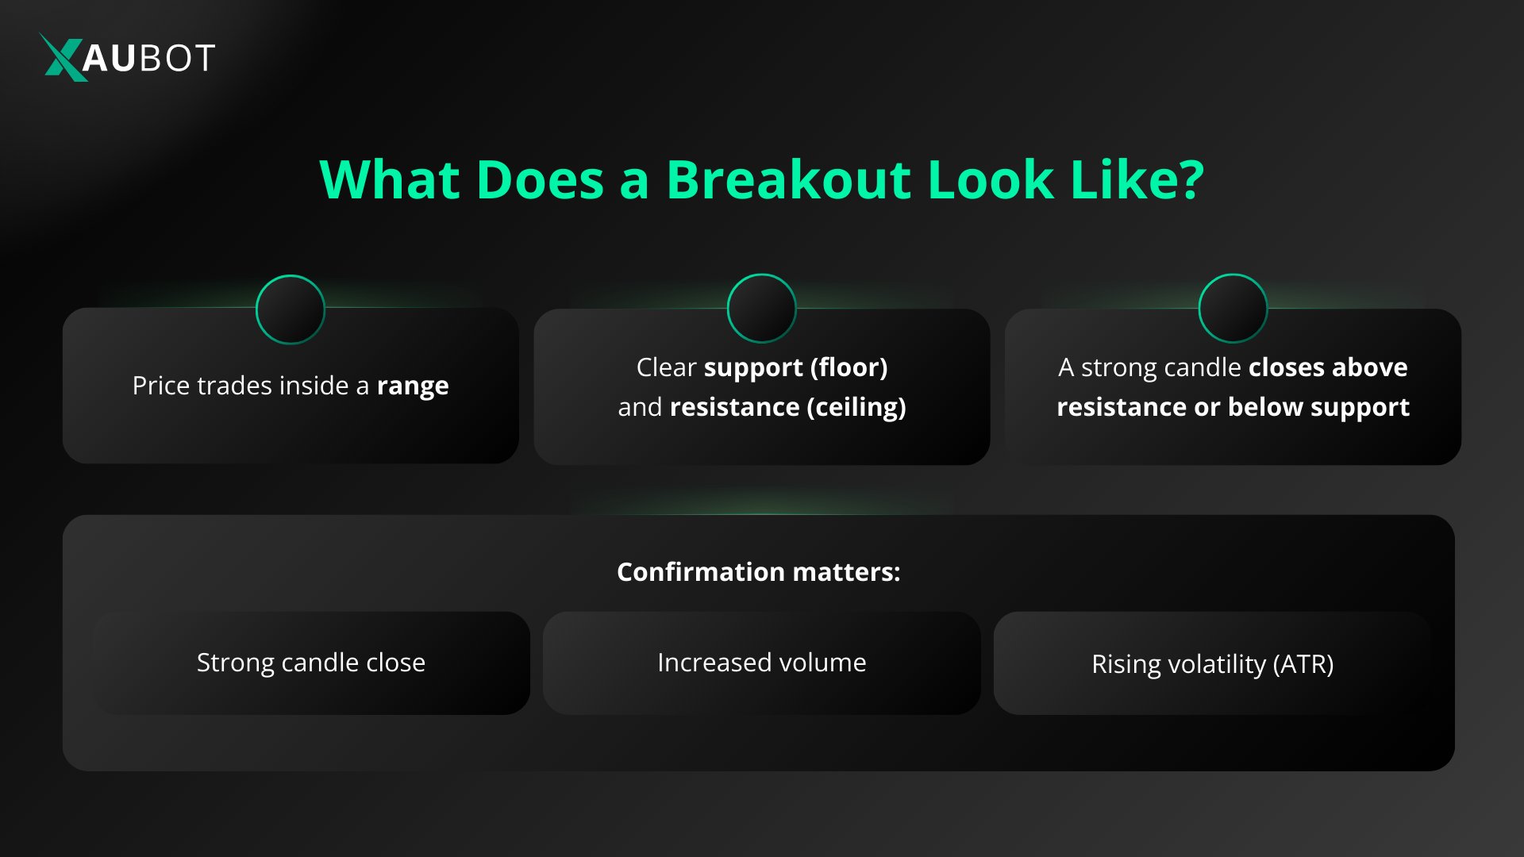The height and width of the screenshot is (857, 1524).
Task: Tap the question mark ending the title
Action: [1191, 179]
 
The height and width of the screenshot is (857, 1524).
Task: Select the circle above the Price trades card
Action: [291, 309]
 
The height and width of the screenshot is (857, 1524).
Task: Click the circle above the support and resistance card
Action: [762, 309]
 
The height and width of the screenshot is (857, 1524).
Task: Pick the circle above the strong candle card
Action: [1233, 309]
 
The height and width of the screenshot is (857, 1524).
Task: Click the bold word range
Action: [413, 386]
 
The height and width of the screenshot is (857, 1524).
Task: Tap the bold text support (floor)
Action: [795, 367]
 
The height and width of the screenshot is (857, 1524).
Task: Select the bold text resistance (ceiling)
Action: [787, 407]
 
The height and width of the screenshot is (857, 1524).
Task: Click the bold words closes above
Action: [1328, 367]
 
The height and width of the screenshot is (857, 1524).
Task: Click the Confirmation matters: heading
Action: [759, 572]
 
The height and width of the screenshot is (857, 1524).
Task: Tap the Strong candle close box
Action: [311, 663]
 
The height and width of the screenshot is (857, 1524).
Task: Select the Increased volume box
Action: [762, 663]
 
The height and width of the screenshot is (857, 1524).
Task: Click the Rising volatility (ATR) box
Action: [1212, 663]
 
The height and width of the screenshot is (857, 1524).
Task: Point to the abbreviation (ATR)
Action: [1303, 664]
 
